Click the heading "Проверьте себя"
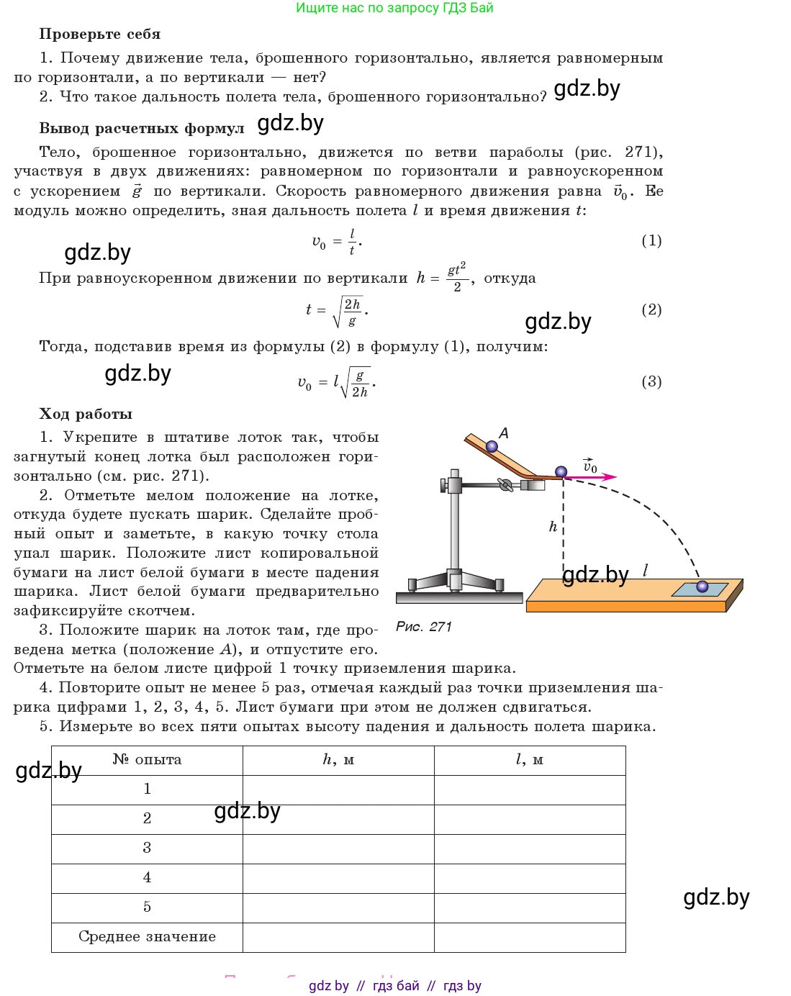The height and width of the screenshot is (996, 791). point(99,34)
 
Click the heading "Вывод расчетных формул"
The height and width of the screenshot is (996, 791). point(142,129)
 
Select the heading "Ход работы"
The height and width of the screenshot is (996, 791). point(86,414)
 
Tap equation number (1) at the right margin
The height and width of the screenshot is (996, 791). point(651,240)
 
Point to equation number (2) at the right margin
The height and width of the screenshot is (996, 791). point(651,309)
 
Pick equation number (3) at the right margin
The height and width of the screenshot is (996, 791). point(651,381)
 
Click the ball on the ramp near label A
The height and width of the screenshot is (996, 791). point(492,447)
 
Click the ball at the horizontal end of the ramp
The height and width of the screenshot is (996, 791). point(561,472)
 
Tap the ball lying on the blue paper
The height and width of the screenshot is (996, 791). point(702,587)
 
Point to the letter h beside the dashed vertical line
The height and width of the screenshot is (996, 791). point(553,527)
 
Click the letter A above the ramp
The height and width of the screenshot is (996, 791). point(504,433)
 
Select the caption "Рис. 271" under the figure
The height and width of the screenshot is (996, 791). point(424,627)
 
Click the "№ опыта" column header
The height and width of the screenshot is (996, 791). point(147,760)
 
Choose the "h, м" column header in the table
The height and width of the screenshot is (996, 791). point(338,760)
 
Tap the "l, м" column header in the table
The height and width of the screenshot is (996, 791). point(530,760)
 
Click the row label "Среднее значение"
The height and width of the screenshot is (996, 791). point(147,937)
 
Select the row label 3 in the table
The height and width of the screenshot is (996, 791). point(147,848)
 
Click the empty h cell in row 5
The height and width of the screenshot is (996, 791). point(338,907)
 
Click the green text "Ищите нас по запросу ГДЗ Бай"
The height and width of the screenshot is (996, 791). point(394,8)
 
